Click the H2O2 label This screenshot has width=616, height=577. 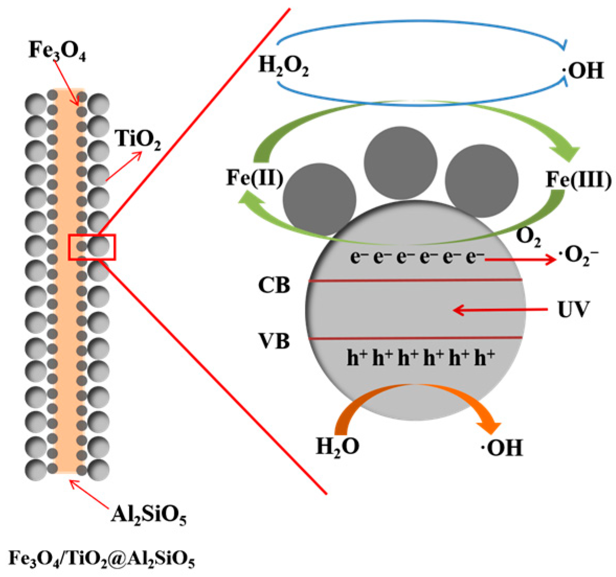coord(283,65)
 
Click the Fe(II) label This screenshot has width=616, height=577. coord(255,178)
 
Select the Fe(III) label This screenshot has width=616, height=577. coord(579,180)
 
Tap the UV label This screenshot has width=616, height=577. coord(574,310)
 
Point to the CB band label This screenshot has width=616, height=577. coord(274,285)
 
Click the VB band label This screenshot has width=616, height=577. coord(274,341)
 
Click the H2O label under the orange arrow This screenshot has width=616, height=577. coord(337,447)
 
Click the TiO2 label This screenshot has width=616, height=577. coord(138,140)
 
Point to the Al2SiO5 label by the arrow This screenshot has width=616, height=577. coord(149,515)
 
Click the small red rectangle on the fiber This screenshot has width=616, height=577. coord(92,247)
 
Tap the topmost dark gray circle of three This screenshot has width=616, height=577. coord(401,163)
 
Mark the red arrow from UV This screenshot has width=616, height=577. coord(500,310)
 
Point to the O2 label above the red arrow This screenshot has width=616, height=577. coord(528,237)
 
